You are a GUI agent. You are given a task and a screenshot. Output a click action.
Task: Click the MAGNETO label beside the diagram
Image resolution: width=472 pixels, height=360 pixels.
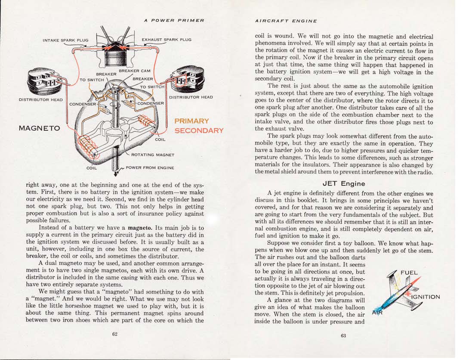pyautogui.click(x=39, y=128)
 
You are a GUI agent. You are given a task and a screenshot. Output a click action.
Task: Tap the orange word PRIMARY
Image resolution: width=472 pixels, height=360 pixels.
pyautogui.click(x=191, y=121)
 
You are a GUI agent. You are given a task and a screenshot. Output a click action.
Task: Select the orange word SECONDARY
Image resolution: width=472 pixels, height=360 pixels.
pyautogui.click(x=199, y=130)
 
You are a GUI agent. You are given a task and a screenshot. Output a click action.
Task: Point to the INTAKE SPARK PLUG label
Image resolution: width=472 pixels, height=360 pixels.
pyautogui.click(x=65, y=40)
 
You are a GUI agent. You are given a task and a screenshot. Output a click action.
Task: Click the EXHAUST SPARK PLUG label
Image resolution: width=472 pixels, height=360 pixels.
pyautogui.click(x=167, y=40)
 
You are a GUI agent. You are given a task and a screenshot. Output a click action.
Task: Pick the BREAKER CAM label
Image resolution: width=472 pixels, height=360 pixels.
pyautogui.click(x=134, y=71)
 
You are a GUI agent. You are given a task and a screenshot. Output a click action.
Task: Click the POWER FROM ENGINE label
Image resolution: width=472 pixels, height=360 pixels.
pyautogui.click(x=150, y=168)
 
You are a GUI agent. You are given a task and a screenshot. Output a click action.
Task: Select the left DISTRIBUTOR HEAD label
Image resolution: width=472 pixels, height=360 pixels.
pyautogui.click(x=40, y=100)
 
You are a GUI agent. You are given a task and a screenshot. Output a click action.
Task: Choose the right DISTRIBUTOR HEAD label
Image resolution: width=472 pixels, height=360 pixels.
pyautogui.click(x=191, y=97)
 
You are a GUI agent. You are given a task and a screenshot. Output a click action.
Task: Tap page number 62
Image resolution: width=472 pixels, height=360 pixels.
pyautogui.click(x=115, y=334)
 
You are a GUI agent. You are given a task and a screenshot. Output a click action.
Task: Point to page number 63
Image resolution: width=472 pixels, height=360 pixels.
pyautogui.click(x=343, y=336)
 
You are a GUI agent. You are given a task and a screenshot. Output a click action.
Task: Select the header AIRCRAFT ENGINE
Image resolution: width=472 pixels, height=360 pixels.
pyautogui.click(x=286, y=21)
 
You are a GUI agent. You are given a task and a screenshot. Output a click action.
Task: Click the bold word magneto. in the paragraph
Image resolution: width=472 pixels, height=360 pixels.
pyautogui.click(x=139, y=227)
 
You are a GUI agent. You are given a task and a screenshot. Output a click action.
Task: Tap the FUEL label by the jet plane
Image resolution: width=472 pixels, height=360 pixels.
pyautogui.click(x=409, y=273)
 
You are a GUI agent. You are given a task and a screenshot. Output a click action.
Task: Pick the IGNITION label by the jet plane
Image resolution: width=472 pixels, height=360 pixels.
pyautogui.click(x=426, y=297)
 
